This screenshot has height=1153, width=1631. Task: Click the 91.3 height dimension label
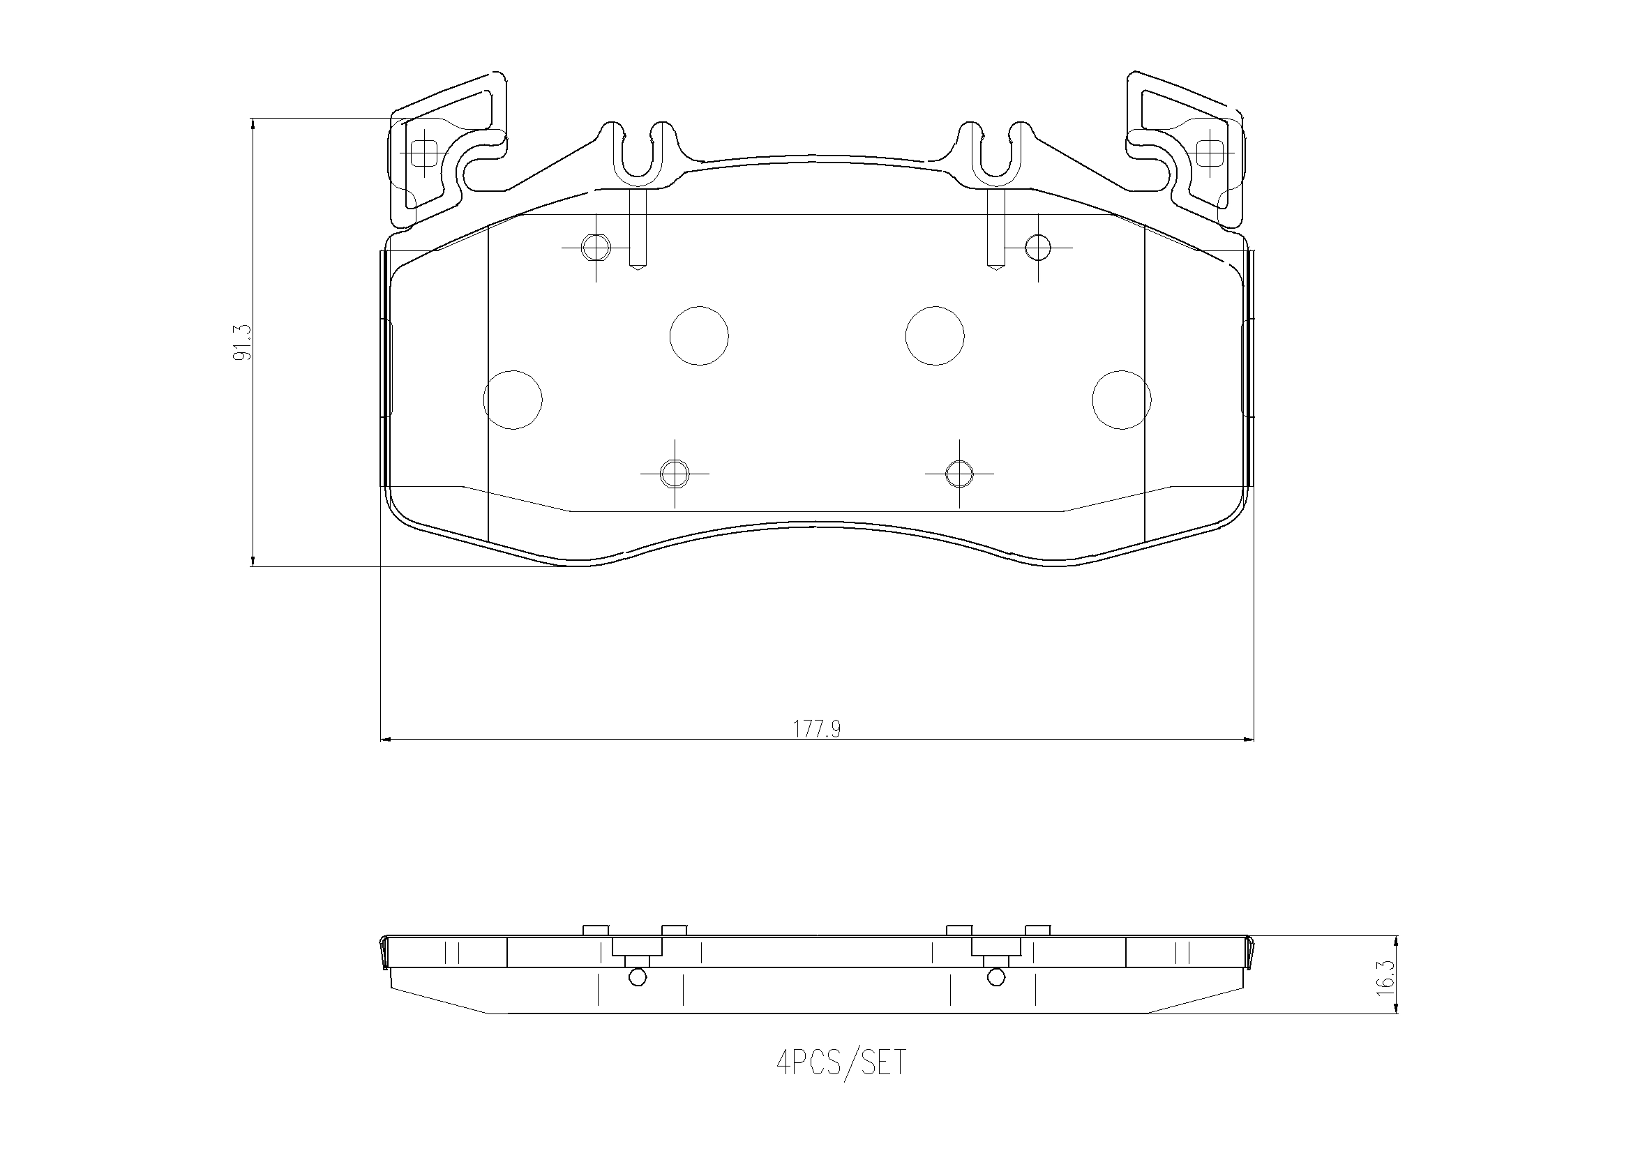242,342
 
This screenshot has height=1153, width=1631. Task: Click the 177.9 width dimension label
817,729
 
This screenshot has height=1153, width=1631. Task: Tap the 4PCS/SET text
841,1063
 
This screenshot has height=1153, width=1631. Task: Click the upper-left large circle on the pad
699,336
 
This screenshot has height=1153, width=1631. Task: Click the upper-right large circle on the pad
934,336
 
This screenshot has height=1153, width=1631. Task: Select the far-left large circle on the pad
512,400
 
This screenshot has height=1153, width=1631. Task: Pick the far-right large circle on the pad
1121,400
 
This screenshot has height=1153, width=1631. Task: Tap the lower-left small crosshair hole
674,473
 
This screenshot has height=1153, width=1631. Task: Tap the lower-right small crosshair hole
959,473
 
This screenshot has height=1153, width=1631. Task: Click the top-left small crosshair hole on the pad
595,247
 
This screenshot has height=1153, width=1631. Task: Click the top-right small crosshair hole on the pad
1038,247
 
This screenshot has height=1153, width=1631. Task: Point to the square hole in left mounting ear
424,153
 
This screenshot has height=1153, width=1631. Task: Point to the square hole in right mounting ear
1209,153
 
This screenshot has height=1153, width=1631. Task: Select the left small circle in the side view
638,977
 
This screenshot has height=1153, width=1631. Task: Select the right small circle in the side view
996,977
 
